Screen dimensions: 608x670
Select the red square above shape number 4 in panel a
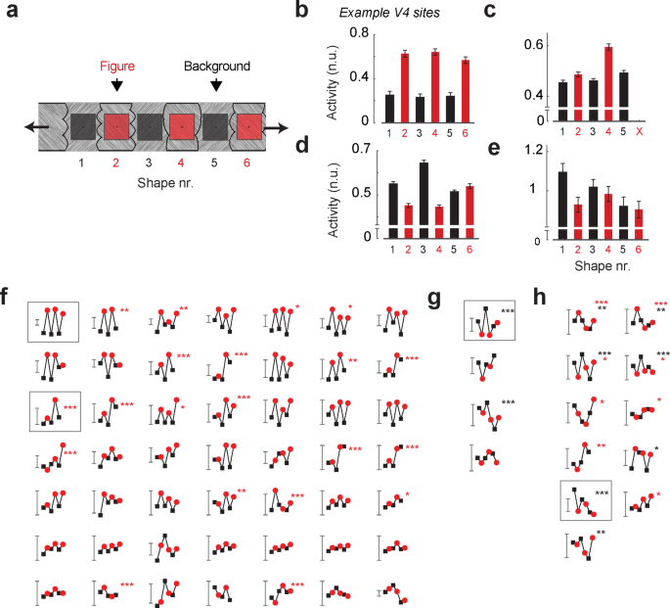coord(182,126)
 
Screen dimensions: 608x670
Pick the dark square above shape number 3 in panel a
coord(150,126)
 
